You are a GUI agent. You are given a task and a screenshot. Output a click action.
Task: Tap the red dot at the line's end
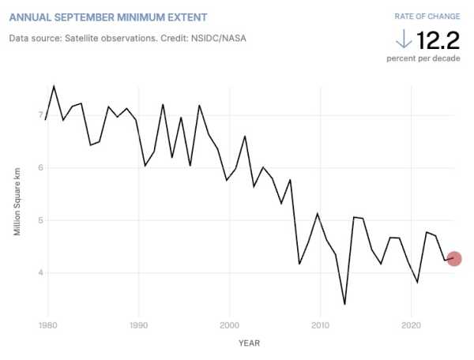coord(453,258)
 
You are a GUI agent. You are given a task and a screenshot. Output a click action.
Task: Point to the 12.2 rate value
coord(438,39)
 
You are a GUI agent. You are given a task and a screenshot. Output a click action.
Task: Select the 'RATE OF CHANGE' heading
coord(427,17)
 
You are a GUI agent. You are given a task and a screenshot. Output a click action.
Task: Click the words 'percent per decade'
coord(423,58)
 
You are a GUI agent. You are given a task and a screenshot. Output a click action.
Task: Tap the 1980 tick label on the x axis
coord(47,324)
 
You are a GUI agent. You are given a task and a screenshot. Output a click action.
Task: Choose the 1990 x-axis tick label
coord(139,324)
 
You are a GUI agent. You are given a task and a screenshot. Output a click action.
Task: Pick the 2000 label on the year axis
coord(230,324)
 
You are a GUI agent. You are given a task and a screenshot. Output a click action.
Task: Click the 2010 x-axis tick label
coord(320,324)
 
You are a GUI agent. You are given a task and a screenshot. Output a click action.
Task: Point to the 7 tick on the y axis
coord(39,115)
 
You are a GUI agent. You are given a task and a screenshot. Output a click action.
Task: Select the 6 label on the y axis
coord(39,168)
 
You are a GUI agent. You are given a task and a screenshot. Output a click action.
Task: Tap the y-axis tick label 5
coord(39,220)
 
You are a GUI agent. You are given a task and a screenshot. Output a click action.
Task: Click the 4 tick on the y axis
coord(39,273)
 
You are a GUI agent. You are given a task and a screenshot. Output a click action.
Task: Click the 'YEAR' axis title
coord(248,343)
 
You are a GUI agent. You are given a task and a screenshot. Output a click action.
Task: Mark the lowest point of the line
coord(344,304)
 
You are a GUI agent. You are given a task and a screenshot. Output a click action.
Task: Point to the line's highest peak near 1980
coord(54,86)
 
